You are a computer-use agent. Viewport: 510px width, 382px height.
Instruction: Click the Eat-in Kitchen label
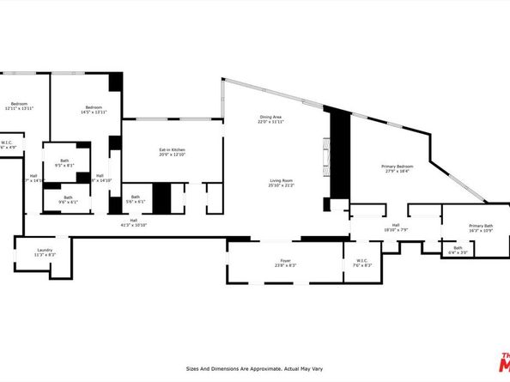click(x=172, y=150)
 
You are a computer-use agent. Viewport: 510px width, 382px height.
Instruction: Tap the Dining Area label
click(x=271, y=117)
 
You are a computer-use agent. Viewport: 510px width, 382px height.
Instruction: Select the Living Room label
click(x=281, y=179)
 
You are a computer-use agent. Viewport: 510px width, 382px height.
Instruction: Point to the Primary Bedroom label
click(x=397, y=166)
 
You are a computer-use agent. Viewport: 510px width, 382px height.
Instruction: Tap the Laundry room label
click(x=46, y=250)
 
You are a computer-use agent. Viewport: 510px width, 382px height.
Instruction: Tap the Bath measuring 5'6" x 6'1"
click(x=135, y=197)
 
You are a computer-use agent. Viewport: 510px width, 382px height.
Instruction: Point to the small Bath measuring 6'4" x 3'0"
click(x=458, y=249)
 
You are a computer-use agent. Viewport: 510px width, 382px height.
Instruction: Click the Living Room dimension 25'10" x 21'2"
click(x=281, y=185)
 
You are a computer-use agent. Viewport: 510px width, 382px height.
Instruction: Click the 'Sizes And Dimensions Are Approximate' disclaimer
click(x=255, y=369)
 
